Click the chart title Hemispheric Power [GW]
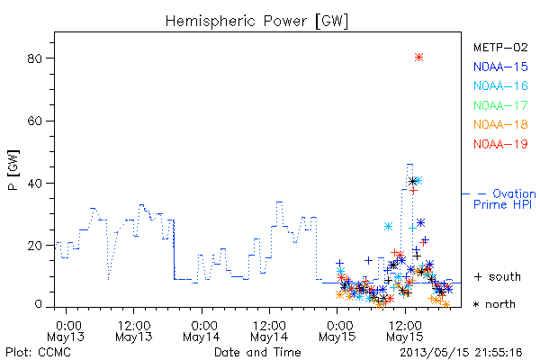click(256, 21)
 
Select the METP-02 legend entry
click(500, 47)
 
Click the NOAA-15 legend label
click(500, 67)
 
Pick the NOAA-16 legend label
click(500, 85)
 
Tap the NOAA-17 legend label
click(500, 105)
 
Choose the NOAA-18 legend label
click(500, 124)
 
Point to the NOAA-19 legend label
click(500, 144)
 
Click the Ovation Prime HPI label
click(505, 199)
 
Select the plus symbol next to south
click(478, 277)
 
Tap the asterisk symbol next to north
click(477, 304)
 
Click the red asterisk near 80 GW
click(418, 58)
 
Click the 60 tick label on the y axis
click(35, 121)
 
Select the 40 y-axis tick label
click(35, 184)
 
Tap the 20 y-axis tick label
click(35, 246)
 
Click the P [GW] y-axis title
click(13, 170)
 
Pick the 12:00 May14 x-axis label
click(269, 331)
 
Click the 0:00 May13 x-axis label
click(66, 331)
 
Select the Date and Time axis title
click(257, 353)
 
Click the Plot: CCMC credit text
click(38, 353)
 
